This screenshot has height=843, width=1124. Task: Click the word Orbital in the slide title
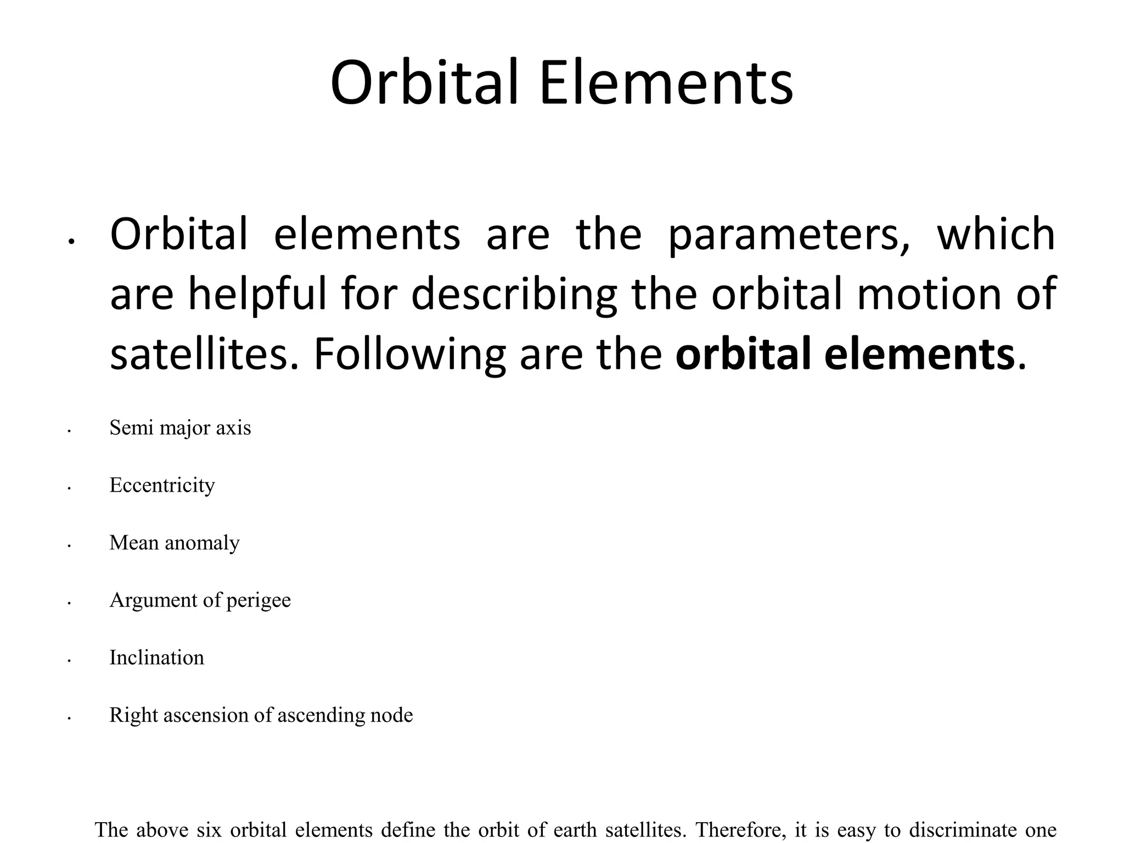coord(424,83)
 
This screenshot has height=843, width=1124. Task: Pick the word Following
coord(409,355)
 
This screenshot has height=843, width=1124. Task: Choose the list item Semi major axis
coord(180,428)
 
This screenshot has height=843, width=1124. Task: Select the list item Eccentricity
coord(162,485)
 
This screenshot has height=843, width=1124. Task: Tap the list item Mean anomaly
coord(175,543)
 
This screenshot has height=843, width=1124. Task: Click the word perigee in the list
coord(258,600)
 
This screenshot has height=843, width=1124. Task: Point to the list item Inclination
coord(156,657)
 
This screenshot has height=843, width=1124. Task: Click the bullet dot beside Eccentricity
coord(69,488)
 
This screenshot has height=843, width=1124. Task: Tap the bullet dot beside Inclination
coord(69,661)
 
